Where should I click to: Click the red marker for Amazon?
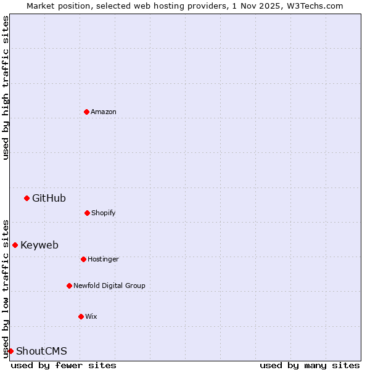[x=86, y=112]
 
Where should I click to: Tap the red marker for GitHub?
[x=27, y=198]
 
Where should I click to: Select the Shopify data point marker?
[x=87, y=213]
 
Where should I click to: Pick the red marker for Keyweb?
[x=15, y=245]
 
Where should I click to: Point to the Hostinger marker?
[x=83, y=259]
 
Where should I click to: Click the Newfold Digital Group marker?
[x=69, y=286]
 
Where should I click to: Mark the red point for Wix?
[x=81, y=316]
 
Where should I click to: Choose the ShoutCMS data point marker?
[x=10, y=351]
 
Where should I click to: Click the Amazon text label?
[x=104, y=112]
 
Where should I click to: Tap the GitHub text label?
[x=49, y=198]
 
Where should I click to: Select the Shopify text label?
[x=104, y=213]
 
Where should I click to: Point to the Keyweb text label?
[x=39, y=245]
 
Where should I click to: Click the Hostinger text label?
[x=103, y=259]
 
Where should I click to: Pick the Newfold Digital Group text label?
[x=109, y=286]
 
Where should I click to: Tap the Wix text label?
[x=91, y=316]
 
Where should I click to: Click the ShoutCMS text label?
[x=41, y=351]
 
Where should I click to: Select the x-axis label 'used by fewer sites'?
[x=64, y=365]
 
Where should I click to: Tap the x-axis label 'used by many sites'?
[x=310, y=365]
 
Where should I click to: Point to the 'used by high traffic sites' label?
[x=6, y=88]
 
